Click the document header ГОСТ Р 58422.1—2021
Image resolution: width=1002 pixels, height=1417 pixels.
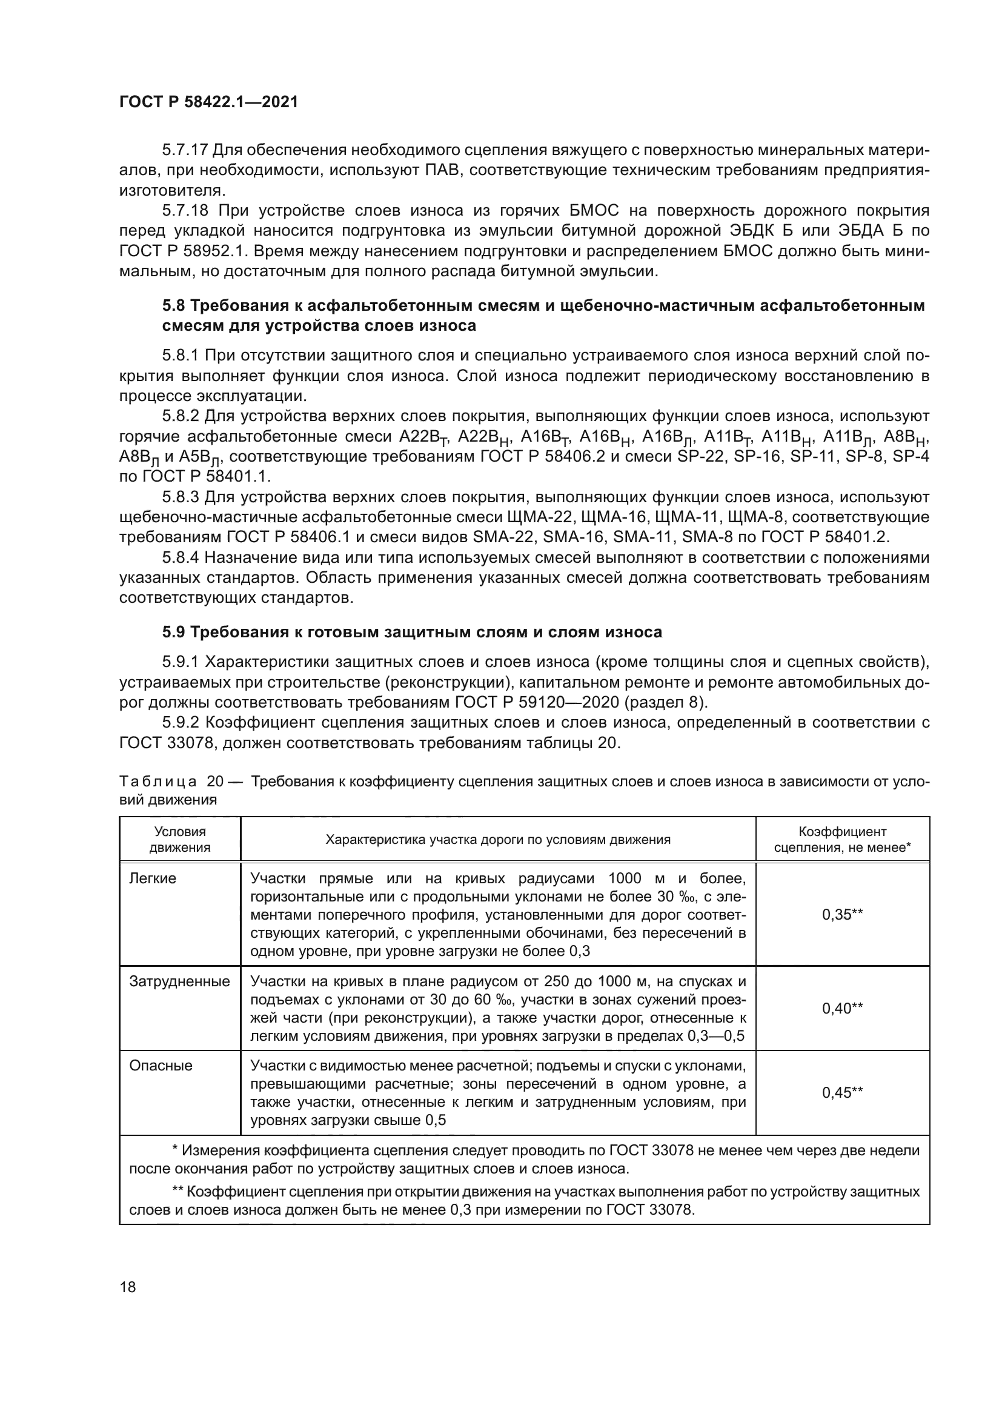click(x=208, y=102)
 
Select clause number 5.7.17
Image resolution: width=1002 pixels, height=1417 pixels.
click(x=185, y=150)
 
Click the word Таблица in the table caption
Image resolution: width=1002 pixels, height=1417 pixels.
click(x=158, y=782)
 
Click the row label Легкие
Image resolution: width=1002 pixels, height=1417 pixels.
click(x=153, y=878)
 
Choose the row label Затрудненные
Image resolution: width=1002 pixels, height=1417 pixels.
click(x=179, y=982)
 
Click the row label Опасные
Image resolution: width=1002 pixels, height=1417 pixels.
click(x=161, y=1066)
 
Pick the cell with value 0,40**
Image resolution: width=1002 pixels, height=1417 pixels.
click(x=842, y=1009)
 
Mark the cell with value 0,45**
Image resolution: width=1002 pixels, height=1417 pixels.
click(x=842, y=1092)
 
